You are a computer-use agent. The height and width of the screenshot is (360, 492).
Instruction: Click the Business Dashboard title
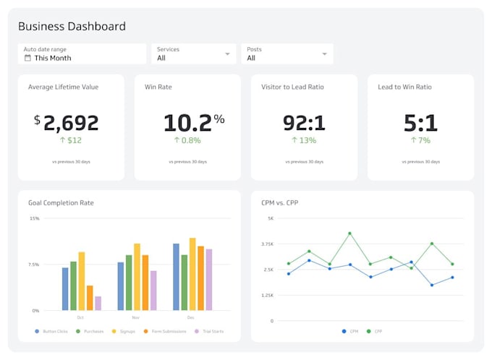pos(72,26)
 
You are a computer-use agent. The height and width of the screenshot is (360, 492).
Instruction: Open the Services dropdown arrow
pos(227,54)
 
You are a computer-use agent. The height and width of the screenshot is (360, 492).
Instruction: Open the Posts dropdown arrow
pos(324,54)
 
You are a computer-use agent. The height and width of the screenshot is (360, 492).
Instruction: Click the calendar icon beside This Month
pos(27,58)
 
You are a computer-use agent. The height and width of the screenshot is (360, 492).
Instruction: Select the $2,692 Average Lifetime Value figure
pos(67,122)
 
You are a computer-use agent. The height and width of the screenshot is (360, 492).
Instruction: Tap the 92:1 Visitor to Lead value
pos(303,122)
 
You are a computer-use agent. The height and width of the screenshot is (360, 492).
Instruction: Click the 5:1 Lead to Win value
pos(420,122)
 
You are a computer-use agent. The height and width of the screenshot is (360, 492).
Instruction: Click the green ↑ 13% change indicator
pos(303,140)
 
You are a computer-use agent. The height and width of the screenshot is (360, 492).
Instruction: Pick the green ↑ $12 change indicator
pos(70,140)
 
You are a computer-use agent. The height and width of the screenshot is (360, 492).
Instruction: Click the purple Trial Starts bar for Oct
pos(98,303)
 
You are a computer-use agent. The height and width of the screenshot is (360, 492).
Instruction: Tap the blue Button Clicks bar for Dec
pos(176,277)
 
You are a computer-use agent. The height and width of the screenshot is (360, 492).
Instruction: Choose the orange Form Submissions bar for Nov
pos(145,283)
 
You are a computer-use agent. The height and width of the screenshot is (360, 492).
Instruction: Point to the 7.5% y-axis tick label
pos(33,265)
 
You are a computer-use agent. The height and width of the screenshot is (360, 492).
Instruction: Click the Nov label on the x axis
pos(136,317)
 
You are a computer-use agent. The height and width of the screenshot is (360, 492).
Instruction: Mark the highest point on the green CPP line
pos(349,233)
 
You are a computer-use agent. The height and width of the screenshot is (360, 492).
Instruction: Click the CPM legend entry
pos(351,332)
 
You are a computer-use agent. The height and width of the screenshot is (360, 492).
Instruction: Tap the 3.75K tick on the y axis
pos(268,244)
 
